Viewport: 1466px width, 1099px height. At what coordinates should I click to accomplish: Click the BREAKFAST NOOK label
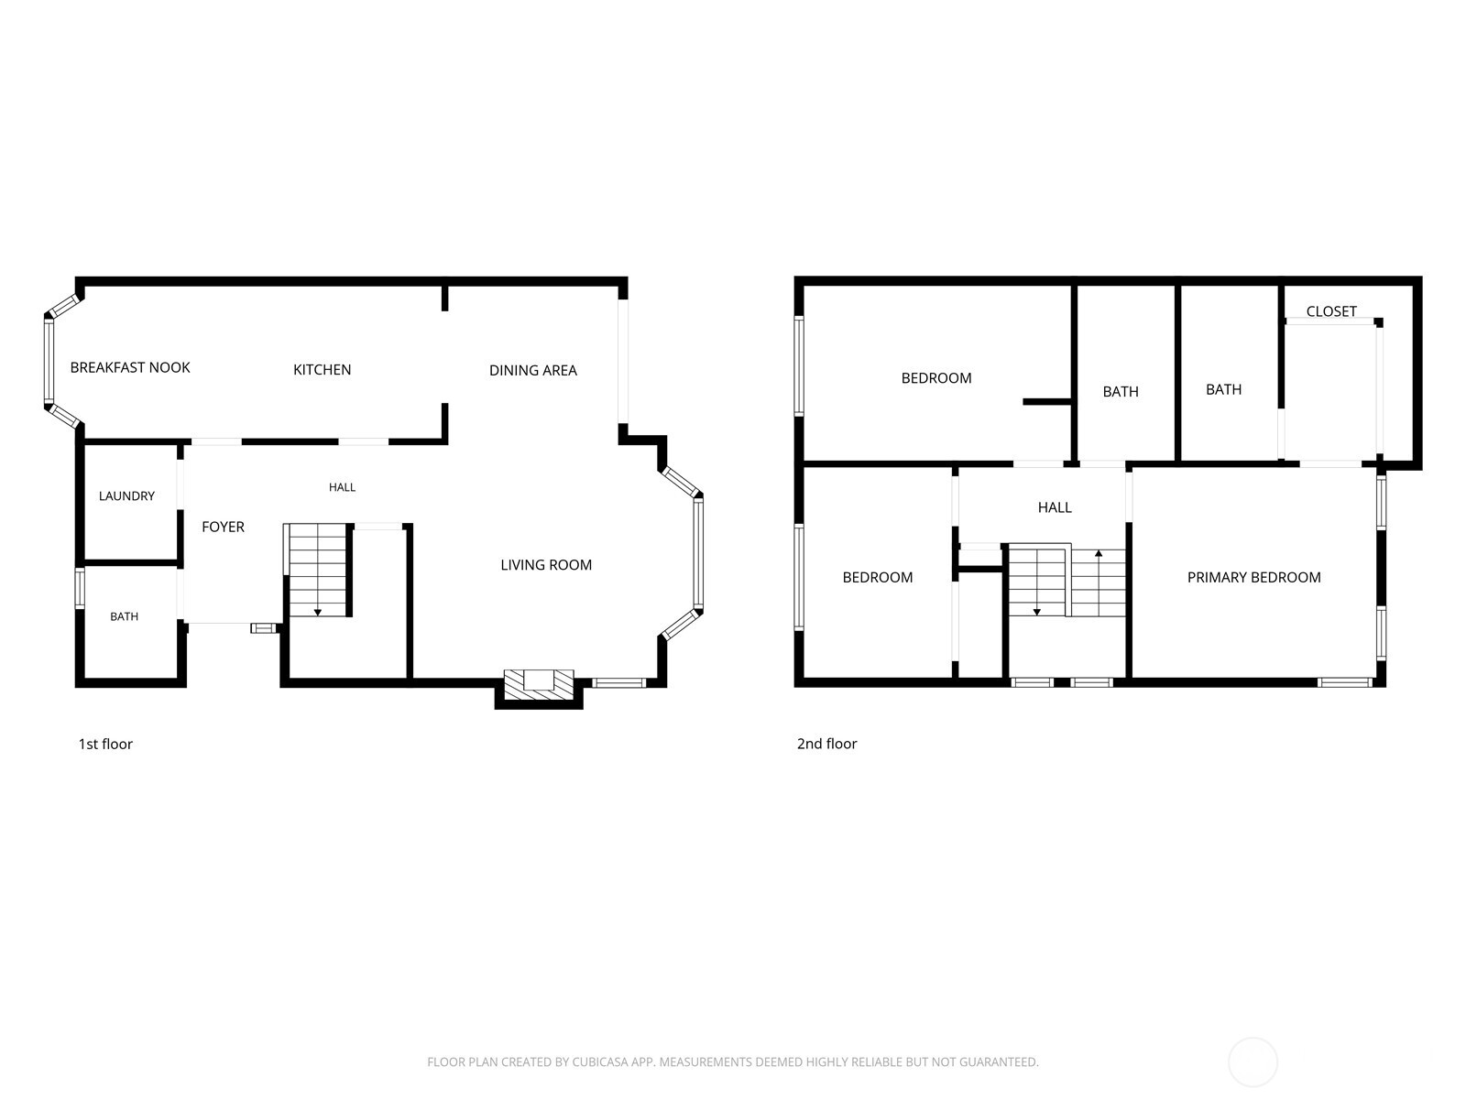[130, 367]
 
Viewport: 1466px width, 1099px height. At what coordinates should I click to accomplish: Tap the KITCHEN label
[322, 370]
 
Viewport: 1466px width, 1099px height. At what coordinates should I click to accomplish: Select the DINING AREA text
[533, 370]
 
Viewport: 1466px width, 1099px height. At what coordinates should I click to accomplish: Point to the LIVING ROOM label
[546, 565]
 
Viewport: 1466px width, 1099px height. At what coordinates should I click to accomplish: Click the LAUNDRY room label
[126, 495]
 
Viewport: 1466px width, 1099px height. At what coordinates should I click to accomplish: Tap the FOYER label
[223, 528]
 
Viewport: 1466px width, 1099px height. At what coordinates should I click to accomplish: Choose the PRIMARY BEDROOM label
[1253, 578]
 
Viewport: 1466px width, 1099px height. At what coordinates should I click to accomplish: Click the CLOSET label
[1331, 311]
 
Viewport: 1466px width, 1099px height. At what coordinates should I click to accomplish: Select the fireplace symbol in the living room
[539, 685]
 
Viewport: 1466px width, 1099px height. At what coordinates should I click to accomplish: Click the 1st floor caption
[105, 744]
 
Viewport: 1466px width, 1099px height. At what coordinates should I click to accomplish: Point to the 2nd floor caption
[826, 744]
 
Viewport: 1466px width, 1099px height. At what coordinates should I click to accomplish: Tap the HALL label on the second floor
[1055, 507]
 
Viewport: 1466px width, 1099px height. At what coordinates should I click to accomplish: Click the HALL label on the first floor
[342, 488]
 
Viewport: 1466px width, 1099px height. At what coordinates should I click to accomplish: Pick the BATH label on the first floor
[125, 616]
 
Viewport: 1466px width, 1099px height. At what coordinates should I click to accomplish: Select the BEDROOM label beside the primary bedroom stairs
[878, 578]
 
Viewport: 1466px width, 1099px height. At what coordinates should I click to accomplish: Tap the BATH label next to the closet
[1223, 390]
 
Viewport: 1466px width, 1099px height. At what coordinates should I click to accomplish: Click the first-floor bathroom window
[80, 588]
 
